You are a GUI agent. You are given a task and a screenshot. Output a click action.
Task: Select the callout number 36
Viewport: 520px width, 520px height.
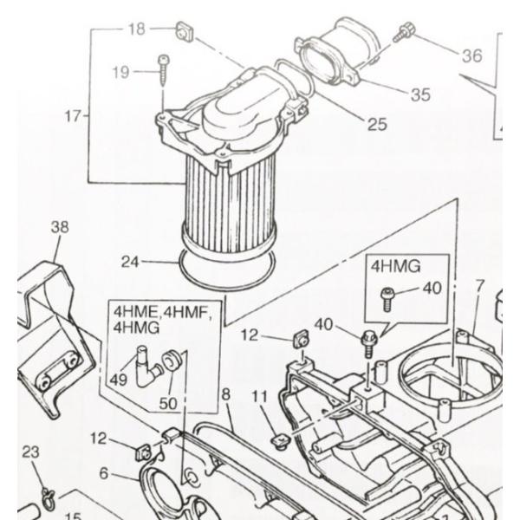pyautogui.click(x=471, y=56)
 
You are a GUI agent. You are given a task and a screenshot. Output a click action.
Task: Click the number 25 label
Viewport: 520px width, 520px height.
pyautogui.click(x=376, y=124)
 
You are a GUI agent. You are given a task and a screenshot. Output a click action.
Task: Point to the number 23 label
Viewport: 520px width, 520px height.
pyautogui.click(x=30, y=451)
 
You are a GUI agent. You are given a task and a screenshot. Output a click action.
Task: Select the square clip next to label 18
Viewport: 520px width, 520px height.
pyautogui.click(x=183, y=33)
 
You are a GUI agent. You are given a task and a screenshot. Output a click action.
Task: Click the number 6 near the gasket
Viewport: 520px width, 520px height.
pyautogui.click(x=104, y=473)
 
